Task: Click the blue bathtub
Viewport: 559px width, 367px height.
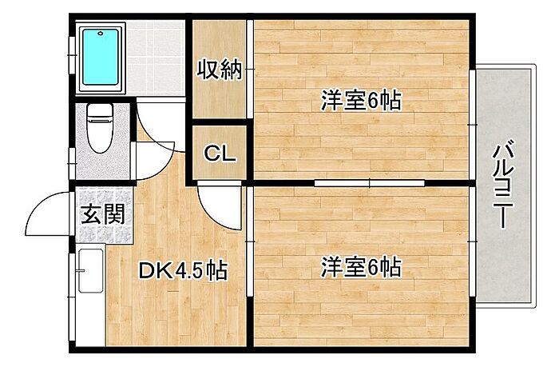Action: (101, 57)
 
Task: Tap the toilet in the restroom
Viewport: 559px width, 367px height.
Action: (100, 128)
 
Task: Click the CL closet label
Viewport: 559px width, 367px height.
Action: (220, 154)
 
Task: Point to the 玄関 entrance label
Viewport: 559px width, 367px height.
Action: (103, 214)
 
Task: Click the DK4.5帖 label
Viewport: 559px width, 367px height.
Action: (183, 271)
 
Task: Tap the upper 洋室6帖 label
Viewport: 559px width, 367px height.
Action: (361, 100)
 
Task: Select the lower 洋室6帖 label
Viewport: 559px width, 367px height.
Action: (361, 267)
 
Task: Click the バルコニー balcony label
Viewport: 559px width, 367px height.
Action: (503, 184)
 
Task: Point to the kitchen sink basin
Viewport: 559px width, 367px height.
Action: (91, 270)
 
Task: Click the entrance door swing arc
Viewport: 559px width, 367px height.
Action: (48, 213)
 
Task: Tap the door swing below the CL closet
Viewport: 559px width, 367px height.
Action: (220, 207)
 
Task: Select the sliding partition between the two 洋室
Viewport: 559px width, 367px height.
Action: (369, 183)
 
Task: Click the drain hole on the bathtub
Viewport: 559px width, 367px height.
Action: (101, 34)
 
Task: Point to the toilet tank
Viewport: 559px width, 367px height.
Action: (100, 110)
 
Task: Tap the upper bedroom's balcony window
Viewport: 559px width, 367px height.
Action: (472, 124)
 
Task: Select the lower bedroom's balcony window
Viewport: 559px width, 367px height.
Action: (472, 241)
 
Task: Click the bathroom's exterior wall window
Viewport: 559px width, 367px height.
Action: (72, 55)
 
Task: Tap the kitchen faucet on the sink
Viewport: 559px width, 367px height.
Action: (80, 270)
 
